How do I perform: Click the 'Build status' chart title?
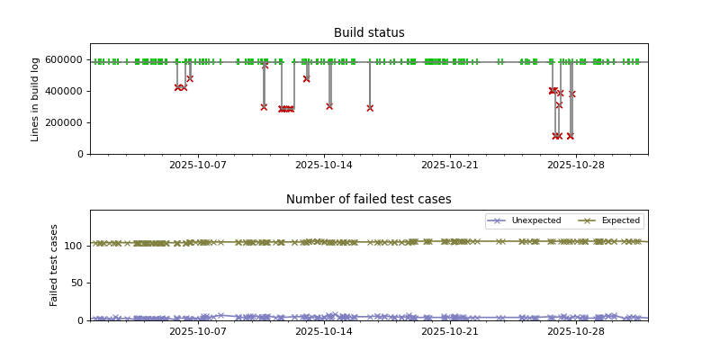click(x=369, y=33)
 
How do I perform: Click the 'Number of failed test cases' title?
click(x=369, y=200)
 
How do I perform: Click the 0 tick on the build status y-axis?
click(x=80, y=154)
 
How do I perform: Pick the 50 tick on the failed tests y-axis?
click(x=76, y=283)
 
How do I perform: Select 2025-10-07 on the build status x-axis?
click(x=198, y=165)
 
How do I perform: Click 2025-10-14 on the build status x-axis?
click(x=324, y=165)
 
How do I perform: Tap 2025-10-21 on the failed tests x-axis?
click(x=450, y=331)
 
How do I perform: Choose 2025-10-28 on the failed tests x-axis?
click(x=575, y=331)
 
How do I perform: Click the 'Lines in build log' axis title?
click(x=36, y=99)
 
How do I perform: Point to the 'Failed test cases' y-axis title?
click(x=54, y=265)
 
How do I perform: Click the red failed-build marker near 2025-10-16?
click(x=370, y=108)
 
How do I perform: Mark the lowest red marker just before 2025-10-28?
click(x=570, y=136)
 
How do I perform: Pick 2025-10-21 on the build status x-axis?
click(x=450, y=165)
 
